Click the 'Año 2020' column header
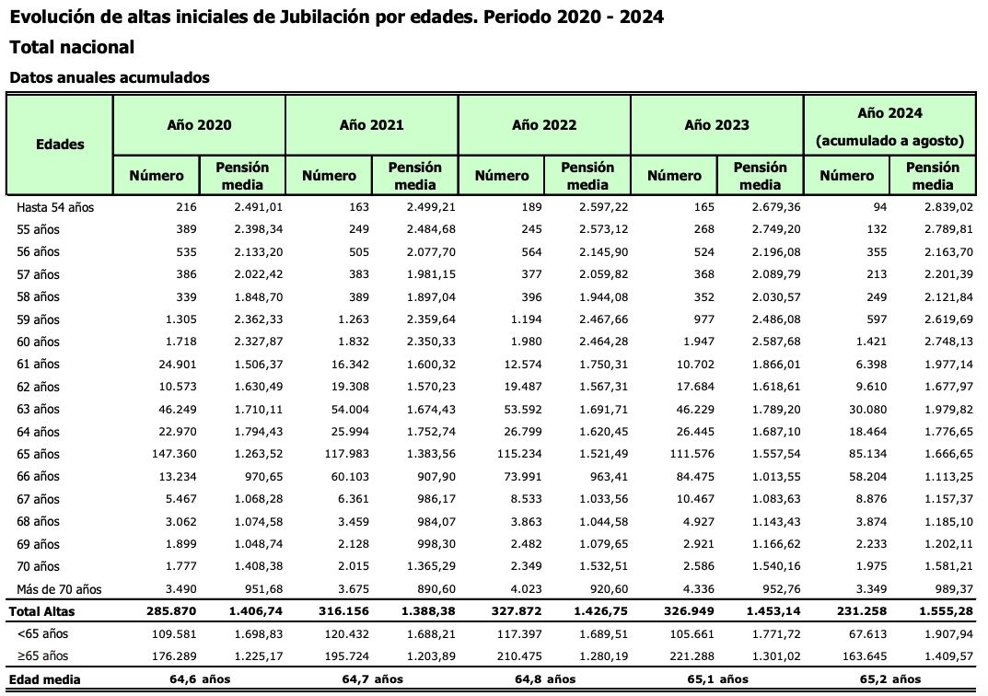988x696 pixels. click(x=199, y=124)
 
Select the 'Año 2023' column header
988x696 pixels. click(x=716, y=124)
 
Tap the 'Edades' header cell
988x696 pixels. click(x=60, y=144)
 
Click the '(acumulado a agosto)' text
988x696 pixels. click(x=889, y=141)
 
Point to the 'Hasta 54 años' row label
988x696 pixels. click(x=55, y=207)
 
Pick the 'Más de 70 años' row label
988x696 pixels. click(x=60, y=588)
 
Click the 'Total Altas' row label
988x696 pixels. click(x=43, y=610)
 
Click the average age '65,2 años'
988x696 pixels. click(x=889, y=679)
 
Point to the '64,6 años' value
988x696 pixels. click(x=199, y=679)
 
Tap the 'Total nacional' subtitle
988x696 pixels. click(x=72, y=47)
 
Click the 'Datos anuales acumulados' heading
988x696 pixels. click(x=109, y=77)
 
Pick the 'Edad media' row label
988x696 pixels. click(x=45, y=679)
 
